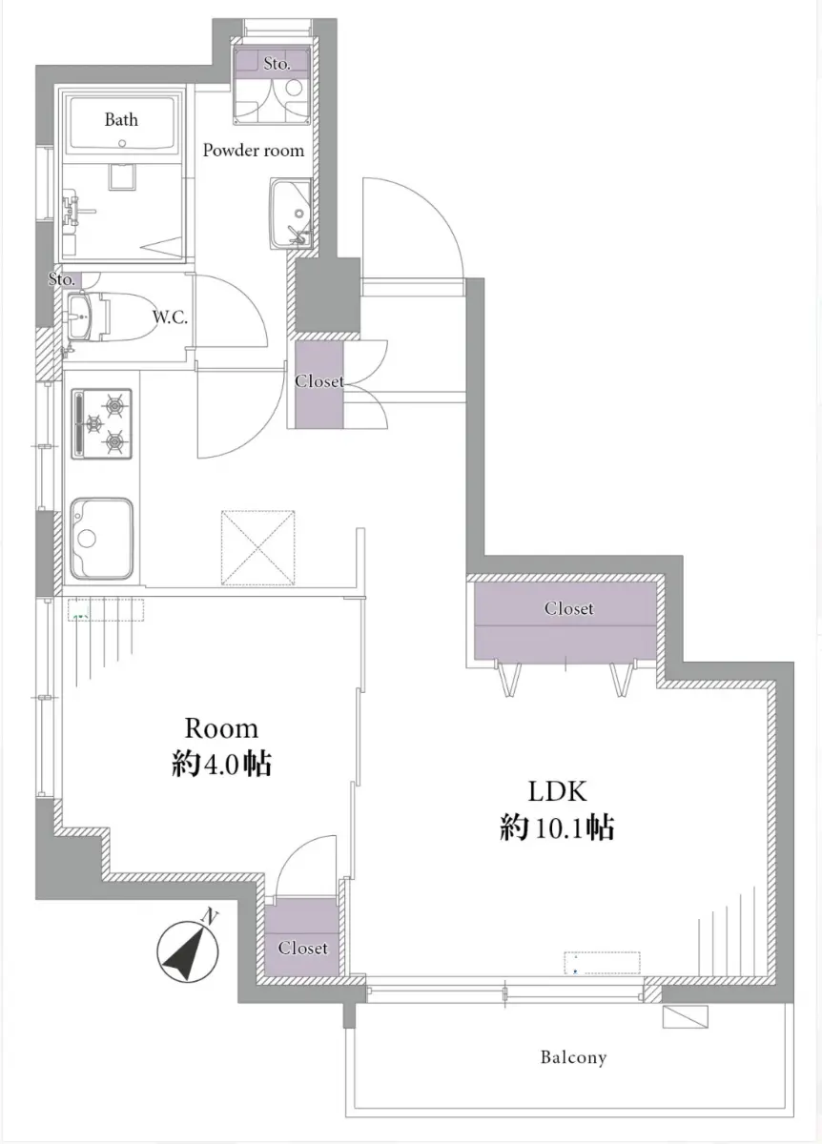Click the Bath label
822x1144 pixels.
121,119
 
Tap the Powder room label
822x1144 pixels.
254,151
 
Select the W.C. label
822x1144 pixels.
170,317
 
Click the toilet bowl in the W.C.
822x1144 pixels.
128,317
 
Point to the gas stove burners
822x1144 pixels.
102,423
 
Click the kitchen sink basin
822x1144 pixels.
102,539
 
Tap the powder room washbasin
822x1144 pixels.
290,214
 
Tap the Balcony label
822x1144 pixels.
574,1057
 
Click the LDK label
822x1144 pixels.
557,791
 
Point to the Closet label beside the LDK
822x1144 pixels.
568,608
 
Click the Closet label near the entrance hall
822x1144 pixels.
319,381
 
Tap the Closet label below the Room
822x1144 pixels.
302,948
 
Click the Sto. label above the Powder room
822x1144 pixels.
277,63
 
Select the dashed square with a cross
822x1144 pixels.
258,547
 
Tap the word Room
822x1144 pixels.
221,727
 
